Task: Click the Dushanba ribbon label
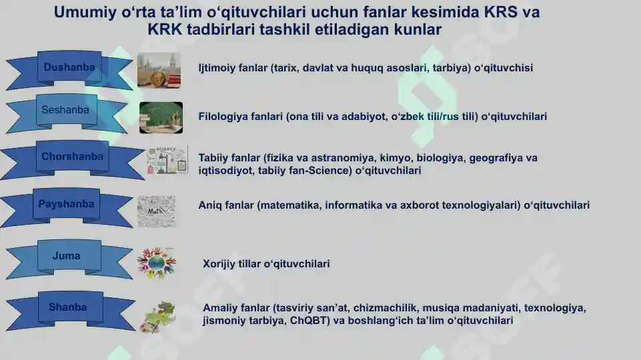coord(69,67)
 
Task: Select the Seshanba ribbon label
coord(65,110)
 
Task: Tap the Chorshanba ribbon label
coord(72,157)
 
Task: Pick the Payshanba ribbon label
coord(66,204)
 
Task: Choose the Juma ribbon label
coord(66,256)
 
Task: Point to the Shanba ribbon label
coord(67,307)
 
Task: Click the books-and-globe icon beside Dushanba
coord(159,70)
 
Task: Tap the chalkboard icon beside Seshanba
coord(161,117)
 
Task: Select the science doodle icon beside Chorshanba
coord(167,160)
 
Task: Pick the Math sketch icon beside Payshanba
coord(156,211)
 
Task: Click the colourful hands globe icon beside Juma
coord(157,263)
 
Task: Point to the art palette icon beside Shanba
coord(159,317)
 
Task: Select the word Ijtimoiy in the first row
coord(217,68)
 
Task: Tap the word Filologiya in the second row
coord(223,117)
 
